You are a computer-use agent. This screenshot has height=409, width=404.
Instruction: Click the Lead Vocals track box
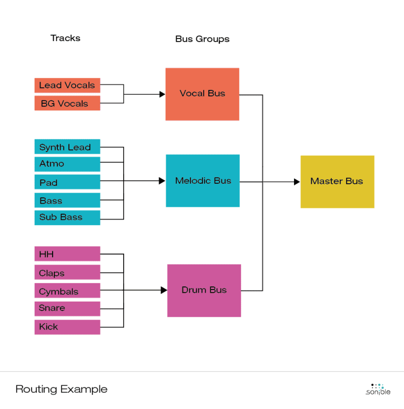[x=67, y=85]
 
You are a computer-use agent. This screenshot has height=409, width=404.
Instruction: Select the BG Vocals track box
[x=67, y=104]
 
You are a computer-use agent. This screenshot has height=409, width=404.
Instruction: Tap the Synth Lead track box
[x=67, y=147]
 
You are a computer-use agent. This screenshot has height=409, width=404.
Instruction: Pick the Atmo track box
[x=67, y=164]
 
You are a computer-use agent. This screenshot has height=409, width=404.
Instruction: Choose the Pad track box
[x=67, y=182]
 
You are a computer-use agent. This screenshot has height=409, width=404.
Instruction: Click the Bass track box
[x=67, y=201]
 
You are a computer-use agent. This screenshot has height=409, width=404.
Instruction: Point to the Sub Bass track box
[x=67, y=217]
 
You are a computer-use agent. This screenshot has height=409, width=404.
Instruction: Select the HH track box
[x=67, y=254]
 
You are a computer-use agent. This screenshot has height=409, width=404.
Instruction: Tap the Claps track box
[x=67, y=273]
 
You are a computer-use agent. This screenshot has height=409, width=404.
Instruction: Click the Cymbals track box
[x=67, y=291]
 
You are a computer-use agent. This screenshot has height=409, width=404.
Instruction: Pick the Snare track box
[x=67, y=308]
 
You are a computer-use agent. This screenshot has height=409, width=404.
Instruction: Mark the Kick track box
[x=67, y=327]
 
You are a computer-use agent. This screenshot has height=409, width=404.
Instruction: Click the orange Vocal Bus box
[x=203, y=94]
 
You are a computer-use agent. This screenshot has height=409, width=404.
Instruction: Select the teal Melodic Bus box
[x=203, y=181]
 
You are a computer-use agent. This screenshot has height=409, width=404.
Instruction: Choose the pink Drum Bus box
[x=204, y=291]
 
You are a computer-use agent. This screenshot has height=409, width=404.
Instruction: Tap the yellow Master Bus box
[x=337, y=182]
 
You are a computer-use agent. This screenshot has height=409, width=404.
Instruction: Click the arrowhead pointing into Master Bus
[x=297, y=182]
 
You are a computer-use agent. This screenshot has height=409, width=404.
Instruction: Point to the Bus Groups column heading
[x=203, y=39]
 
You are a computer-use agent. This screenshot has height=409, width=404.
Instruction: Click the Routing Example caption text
[x=62, y=390]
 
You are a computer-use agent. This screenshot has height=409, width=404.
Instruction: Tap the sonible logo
[x=378, y=390]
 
